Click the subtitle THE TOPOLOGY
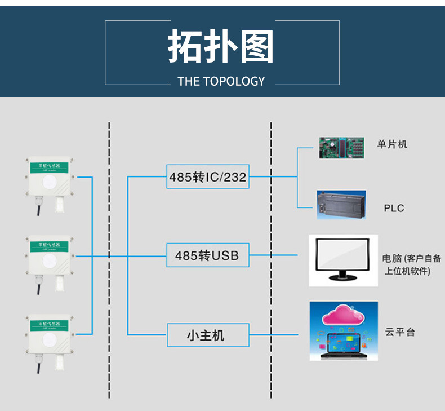coord(221,81)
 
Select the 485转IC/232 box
coord(208,177)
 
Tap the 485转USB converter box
coord(207,255)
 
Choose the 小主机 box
coord(207,335)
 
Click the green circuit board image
coord(341,147)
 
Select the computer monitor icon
coord(342,259)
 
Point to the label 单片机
coord(392,144)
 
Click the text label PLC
coord(394,208)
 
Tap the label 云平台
coord(400,332)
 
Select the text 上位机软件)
coord(407,271)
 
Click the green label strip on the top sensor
coord(49,166)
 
